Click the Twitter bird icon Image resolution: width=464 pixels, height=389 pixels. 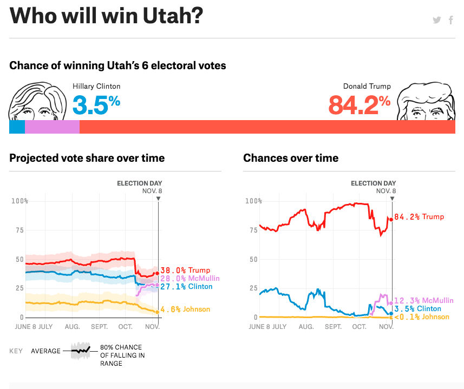pos(437,21)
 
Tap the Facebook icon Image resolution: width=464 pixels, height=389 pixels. pos(450,21)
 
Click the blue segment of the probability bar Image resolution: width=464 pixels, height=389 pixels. pos(17,127)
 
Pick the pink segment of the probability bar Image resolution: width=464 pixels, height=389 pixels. pos(52,127)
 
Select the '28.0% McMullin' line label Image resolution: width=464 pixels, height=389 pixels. pos(189,278)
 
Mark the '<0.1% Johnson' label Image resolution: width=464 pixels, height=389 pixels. pos(422,317)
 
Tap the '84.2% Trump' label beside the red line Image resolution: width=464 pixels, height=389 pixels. pos(419,217)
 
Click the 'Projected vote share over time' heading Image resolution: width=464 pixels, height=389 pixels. pos(87,158)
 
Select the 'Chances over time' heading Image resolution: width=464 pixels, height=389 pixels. pos(291,158)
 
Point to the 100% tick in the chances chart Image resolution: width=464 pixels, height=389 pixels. pos(252,201)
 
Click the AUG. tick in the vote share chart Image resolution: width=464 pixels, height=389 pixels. pos(72,327)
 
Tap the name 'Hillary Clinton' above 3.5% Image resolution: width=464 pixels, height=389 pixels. pos(96,86)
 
